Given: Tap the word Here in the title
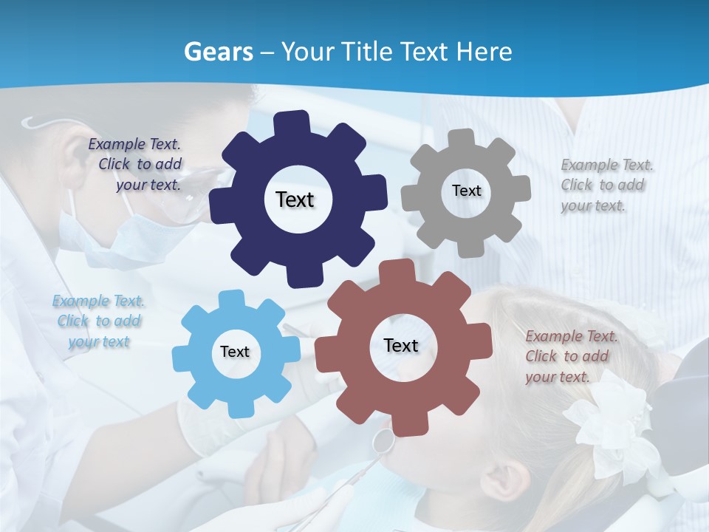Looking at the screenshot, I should click(x=484, y=51).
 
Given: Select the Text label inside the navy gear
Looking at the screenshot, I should click(x=295, y=199).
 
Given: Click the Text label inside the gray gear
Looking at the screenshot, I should click(x=466, y=191).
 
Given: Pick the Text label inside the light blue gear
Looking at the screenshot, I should click(x=235, y=352).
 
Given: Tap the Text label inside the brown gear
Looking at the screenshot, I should click(x=401, y=345).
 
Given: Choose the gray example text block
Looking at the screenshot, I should click(x=606, y=185).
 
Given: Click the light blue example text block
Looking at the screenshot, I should click(x=98, y=321).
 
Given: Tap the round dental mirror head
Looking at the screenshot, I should click(x=383, y=440).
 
